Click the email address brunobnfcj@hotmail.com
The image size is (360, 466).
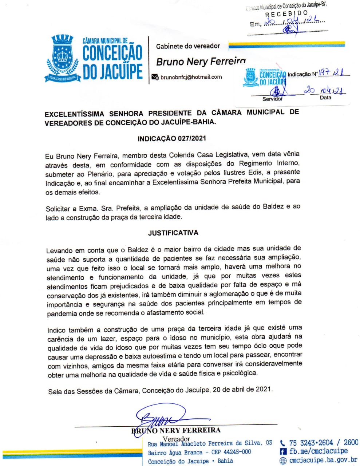pyautogui.click(x=191, y=77)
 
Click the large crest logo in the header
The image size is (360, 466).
pyautogui.click(x=62, y=58)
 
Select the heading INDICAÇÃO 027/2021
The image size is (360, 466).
pyautogui.click(x=172, y=138)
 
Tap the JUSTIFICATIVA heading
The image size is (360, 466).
pyautogui.click(x=173, y=233)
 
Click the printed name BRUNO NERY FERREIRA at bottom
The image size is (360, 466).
pyautogui.click(x=176, y=430)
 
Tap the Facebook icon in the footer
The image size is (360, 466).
pyautogui.click(x=283, y=451)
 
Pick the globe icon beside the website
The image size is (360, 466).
pyautogui.click(x=283, y=461)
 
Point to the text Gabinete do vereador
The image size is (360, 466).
pyautogui.click(x=188, y=46)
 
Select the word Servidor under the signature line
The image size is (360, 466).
pyautogui.click(x=272, y=99)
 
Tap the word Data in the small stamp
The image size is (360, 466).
pyautogui.click(x=325, y=98)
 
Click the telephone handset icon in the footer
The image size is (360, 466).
pyautogui.click(x=283, y=443)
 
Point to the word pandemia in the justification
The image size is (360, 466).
pyautogui.click(x=62, y=313)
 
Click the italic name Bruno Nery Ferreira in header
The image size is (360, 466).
pyautogui.click(x=201, y=62)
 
